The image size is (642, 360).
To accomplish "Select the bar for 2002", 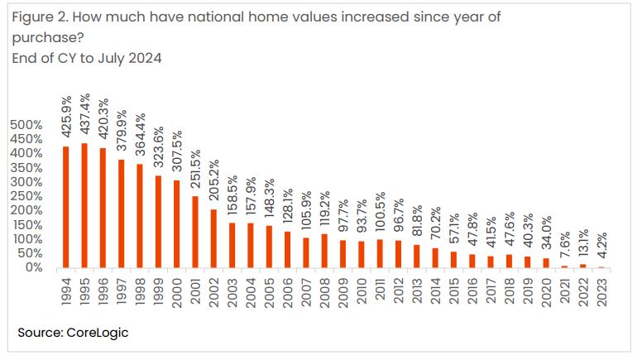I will (213, 238).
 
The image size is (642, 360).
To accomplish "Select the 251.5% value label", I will (196, 168).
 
